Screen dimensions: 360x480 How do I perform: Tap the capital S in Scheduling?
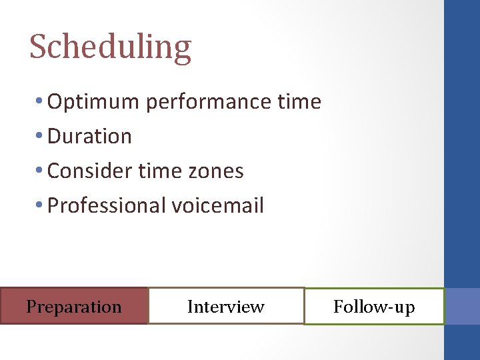(x=37, y=47)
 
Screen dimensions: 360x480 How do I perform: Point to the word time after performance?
(x=299, y=101)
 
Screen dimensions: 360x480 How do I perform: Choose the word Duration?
(x=89, y=136)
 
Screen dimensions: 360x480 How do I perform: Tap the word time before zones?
(x=160, y=171)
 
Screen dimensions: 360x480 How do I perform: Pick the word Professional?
(x=106, y=205)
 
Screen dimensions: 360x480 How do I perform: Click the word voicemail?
(x=218, y=205)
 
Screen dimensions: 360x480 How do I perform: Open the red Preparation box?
(x=73, y=306)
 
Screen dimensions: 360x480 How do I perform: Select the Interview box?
(x=225, y=306)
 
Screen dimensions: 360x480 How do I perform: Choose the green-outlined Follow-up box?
(x=373, y=307)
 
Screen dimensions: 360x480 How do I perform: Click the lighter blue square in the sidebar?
(x=462, y=306)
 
